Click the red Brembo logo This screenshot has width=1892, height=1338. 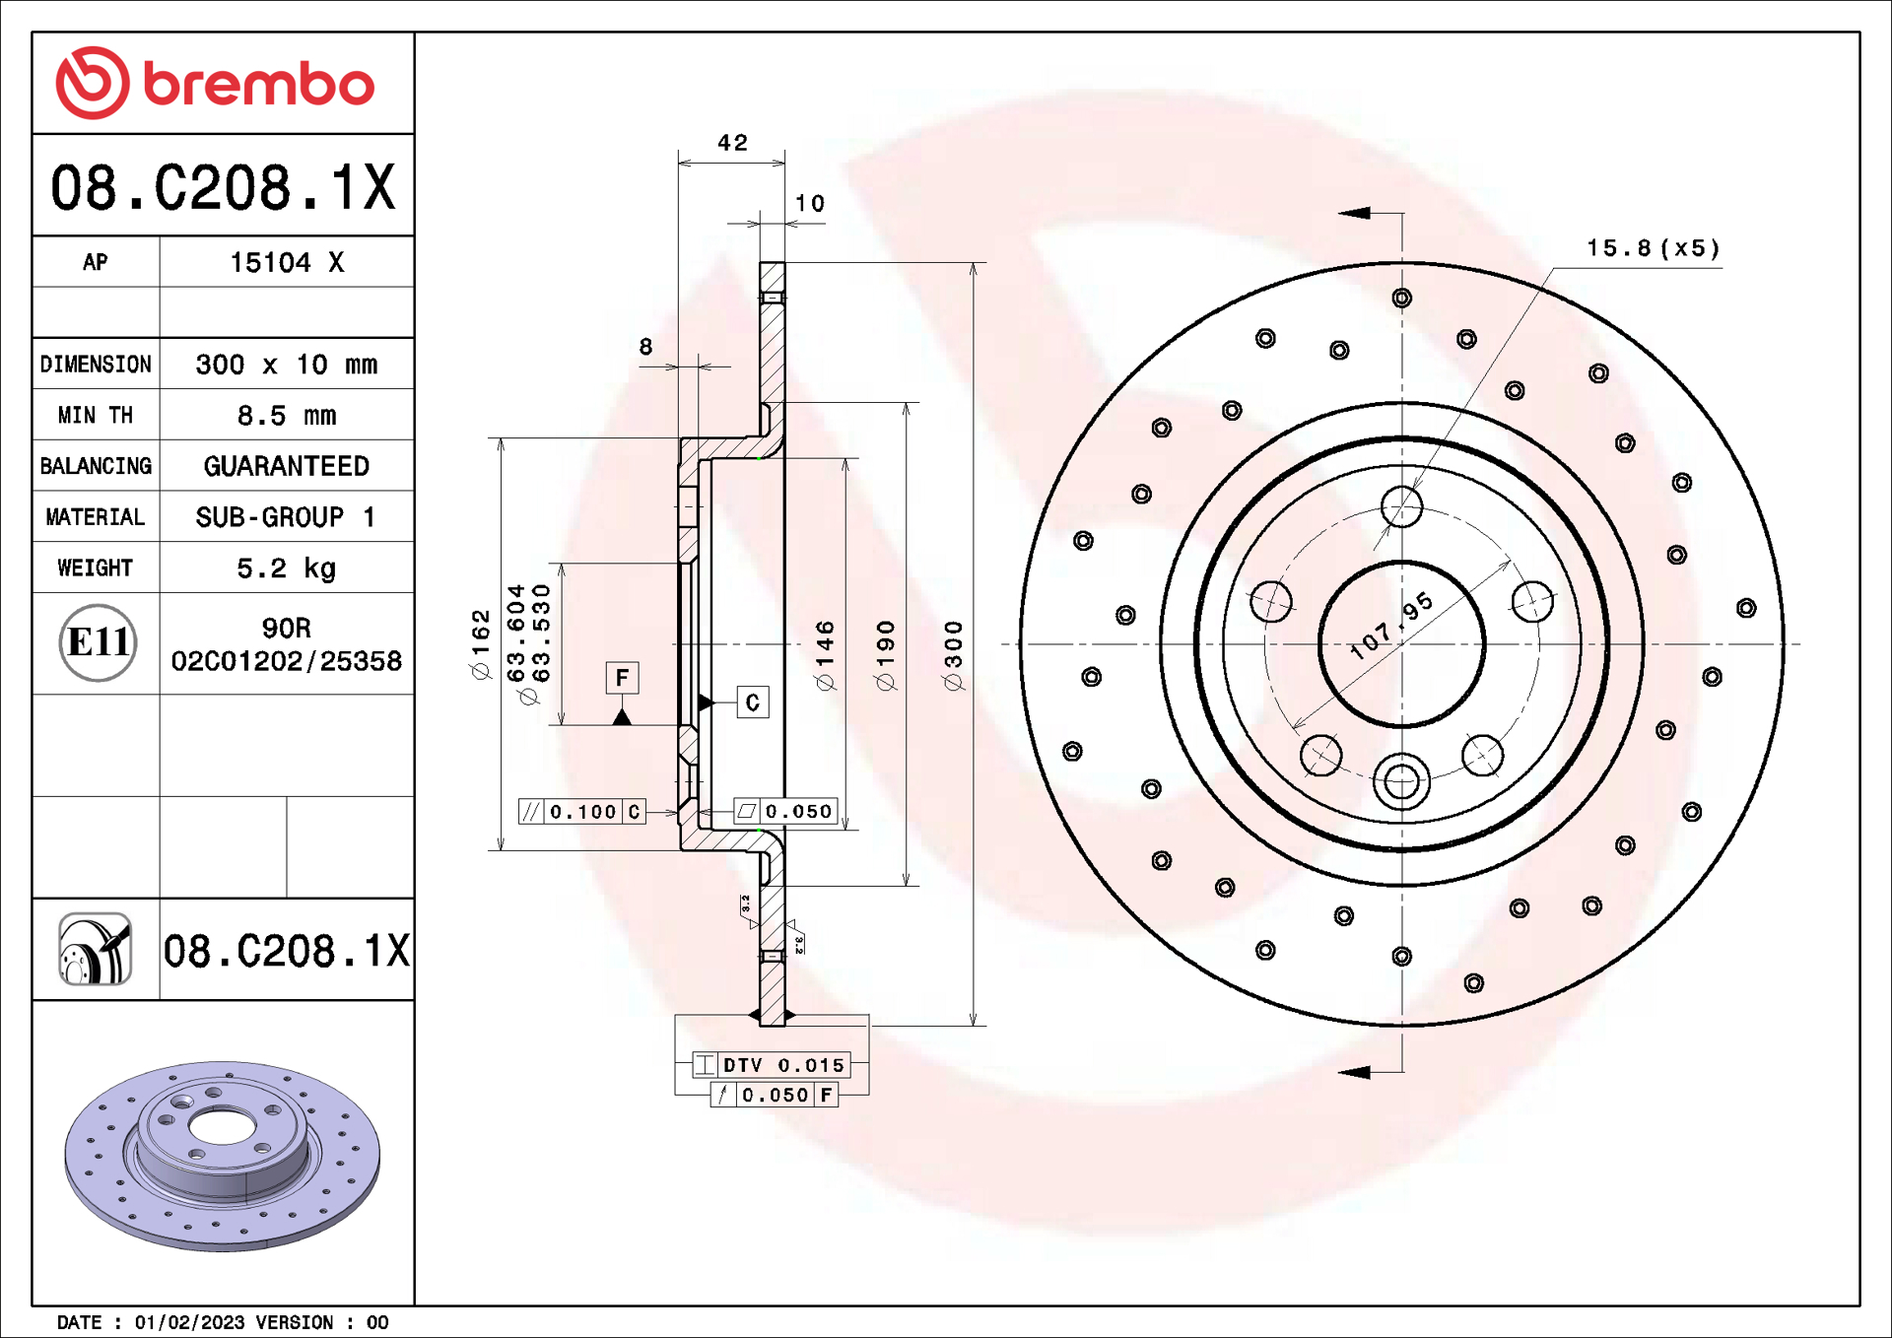215,84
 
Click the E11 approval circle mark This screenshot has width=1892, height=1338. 97,643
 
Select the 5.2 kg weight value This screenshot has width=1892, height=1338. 286,569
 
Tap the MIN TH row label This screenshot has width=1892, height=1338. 96,416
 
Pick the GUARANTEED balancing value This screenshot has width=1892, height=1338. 286,466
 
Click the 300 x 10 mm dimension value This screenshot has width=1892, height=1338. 286,365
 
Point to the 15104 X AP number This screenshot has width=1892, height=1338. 286,263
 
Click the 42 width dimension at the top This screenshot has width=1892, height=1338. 732,143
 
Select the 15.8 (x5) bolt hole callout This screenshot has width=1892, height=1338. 1653,248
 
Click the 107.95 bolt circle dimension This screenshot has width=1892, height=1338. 1390,627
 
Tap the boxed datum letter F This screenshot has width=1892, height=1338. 622,678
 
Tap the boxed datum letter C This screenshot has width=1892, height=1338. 753,702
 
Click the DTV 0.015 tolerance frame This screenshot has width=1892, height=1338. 771,1065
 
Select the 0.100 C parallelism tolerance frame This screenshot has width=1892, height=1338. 582,812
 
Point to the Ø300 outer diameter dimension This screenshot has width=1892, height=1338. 953,655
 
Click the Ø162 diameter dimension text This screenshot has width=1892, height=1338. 481,644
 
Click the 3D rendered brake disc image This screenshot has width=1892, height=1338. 223,1155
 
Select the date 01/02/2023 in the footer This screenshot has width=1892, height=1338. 189,1322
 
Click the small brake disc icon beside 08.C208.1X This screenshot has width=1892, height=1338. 96,949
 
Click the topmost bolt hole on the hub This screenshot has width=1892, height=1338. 1401,507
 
